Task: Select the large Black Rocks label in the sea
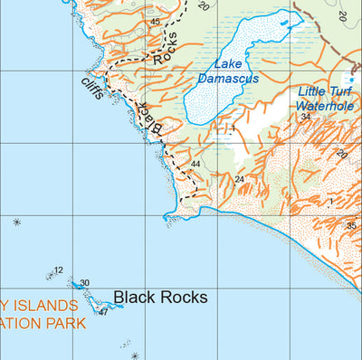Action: pyautogui.click(x=161, y=297)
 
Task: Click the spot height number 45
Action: pyautogui.click(x=155, y=22)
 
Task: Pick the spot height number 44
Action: pyautogui.click(x=195, y=164)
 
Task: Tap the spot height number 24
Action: pyautogui.click(x=239, y=179)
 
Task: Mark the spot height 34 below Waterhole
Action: pyautogui.click(x=306, y=117)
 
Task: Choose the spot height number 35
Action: pyautogui.click(x=350, y=226)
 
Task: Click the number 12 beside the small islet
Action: pyautogui.click(x=59, y=270)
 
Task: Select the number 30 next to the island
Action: pyautogui.click(x=84, y=283)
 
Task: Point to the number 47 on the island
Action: pyautogui.click(x=103, y=312)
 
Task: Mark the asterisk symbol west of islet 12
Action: pyautogui.click(x=16, y=222)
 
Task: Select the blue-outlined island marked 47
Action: pyautogui.click(x=100, y=305)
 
